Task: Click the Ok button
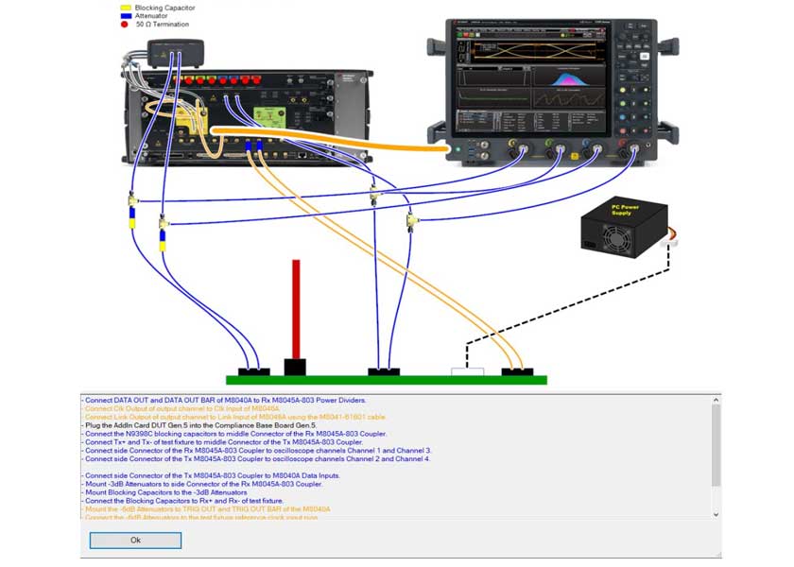pyautogui.click(x=135, y=541)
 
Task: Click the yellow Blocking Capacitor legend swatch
pyautogui.click(x=125, y=8)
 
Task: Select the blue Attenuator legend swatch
pyautogui.click(x=125, y=16)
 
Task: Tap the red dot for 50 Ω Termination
pyautogui.click(x=125, y=25)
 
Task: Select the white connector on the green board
pyautogui.click(x=468, y=372)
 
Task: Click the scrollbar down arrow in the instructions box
pyautogui.click(x=715, y=514)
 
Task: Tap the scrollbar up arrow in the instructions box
pyautogui.click(x=715, y=401)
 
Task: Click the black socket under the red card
pyautogui.click(x=296, y=367)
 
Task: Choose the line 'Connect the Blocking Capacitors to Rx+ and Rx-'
pyautogui.click(x=185, y=501)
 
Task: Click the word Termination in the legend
pyautogui.click(x=174, y=25)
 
